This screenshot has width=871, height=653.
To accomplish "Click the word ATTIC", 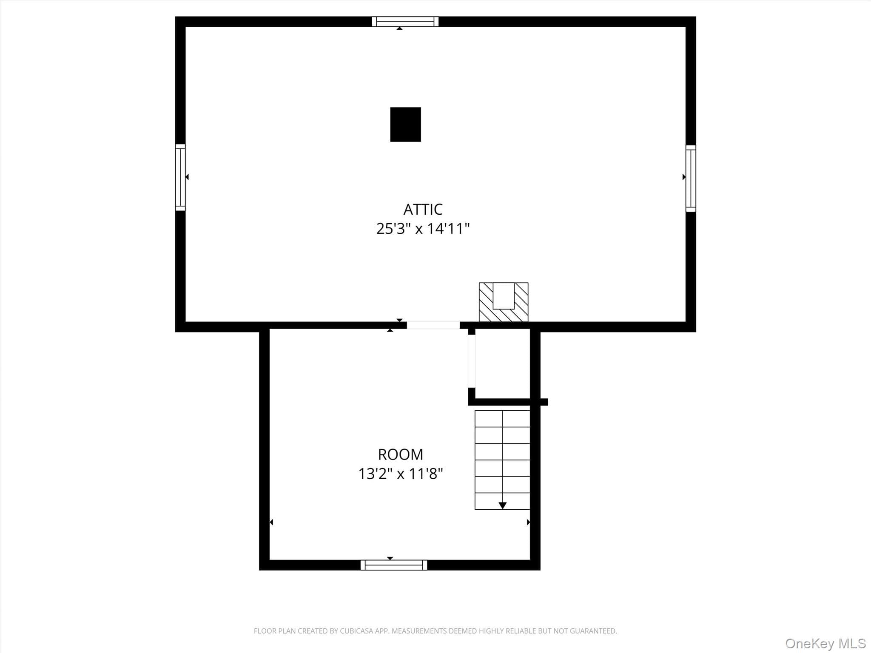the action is (423, 209).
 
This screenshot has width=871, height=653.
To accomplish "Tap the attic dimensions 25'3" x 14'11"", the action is (423, 229).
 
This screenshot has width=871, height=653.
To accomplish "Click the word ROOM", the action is (401, 454).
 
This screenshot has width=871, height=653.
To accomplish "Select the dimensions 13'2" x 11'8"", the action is (401, 474).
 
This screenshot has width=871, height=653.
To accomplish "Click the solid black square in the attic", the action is (406, 124).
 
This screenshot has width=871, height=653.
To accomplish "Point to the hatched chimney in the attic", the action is (504, 302).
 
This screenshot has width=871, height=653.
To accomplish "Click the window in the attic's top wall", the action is (405, 22).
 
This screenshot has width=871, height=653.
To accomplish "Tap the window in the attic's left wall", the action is (180, 177).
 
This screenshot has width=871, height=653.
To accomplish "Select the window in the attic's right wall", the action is (691, 179).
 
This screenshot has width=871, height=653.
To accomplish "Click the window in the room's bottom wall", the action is (394, 565).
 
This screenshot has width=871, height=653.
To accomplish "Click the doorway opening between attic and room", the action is (433, 325).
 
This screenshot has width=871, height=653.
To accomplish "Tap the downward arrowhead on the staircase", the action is (503, 505).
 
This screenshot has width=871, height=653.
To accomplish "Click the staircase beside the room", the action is (502, 460).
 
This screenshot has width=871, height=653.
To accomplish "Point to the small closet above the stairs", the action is (502, 363).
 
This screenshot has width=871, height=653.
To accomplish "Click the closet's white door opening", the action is (472, 361).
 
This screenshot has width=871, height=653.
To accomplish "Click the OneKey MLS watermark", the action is (825, 643).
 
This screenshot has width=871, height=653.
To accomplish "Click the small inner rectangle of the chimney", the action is (504, 296).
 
